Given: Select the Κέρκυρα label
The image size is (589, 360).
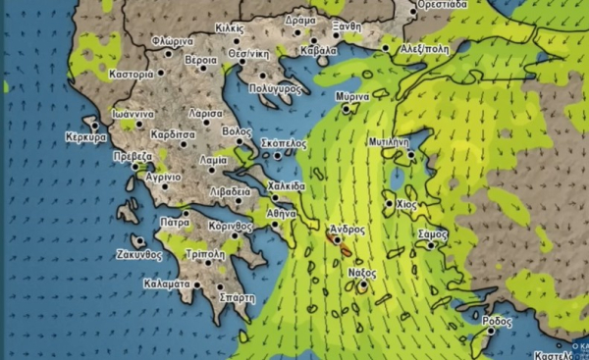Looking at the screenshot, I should pyautogui.click(x=85, y=137).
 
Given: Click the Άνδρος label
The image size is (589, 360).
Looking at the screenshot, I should pyautogui.click(x=348, y=229).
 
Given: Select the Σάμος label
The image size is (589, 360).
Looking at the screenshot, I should pyautogui.click(x=432, y=235).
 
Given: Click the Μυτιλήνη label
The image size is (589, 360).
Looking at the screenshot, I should pyautogui.click(x=387, y=141).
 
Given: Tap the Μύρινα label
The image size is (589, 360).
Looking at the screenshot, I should pyautogui.click(x=351, y=98).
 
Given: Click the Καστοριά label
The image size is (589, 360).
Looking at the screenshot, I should pyautogui.click(x=132, y=74).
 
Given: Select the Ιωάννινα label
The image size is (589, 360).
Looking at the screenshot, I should pyautogui.click(x=132, y=114).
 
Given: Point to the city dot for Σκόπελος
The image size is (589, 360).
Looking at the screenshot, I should pyautogui.click(x=279, y=154).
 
